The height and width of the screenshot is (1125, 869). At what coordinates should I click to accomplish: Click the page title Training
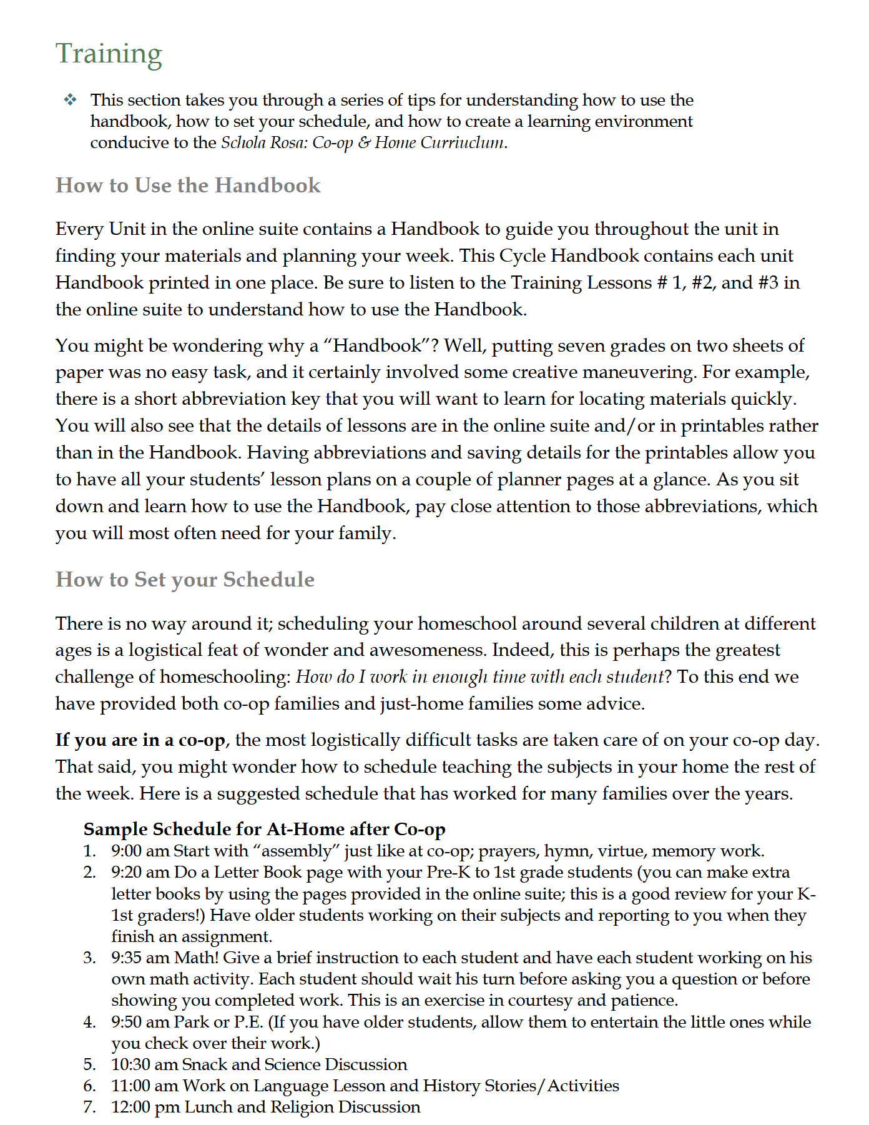pos(109,54)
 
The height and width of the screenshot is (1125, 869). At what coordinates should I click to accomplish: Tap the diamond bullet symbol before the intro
pos(70,100)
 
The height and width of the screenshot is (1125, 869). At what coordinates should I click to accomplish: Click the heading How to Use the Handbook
pos(188,186)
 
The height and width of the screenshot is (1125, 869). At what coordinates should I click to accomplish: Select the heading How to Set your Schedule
pos(185,580)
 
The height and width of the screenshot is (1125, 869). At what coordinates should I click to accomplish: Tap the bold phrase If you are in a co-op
pos(140,740)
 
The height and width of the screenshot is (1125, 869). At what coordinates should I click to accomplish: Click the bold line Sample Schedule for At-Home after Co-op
pos(264,829)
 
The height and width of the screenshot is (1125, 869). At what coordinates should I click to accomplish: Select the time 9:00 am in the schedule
pos(140,851)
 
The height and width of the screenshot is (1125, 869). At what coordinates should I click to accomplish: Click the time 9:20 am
pos(140,872)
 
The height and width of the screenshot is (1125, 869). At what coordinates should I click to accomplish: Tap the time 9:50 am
pos(140,1022)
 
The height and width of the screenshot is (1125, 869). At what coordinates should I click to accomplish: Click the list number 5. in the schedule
pos(90,1064)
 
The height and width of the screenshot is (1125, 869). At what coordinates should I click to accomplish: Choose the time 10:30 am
pos(144,1064)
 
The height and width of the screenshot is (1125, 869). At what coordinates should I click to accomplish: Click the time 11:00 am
pos(144,1086)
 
